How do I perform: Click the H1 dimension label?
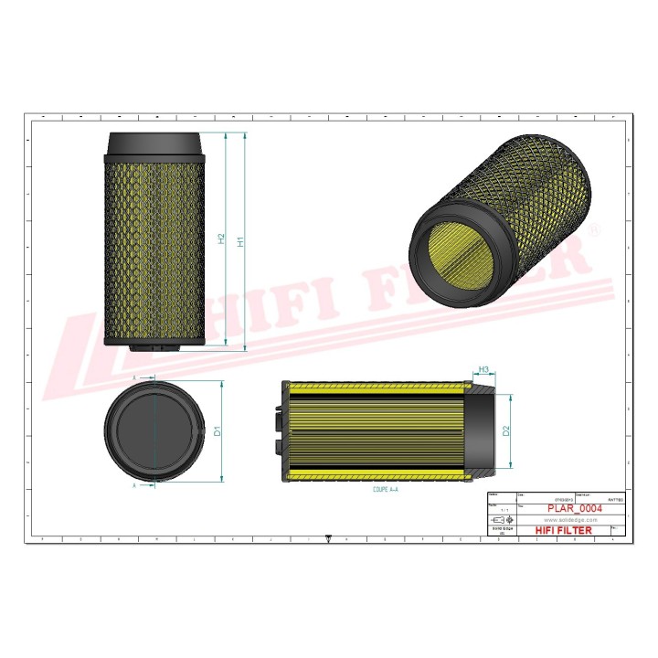(x=240, y=242)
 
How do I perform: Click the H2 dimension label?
(x=222, y=238)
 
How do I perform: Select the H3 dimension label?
(x=486, y=370)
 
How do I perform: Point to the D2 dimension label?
(x=506, y=430)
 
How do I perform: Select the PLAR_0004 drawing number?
(x=573, y=508)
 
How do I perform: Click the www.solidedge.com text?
(x=571, y=518)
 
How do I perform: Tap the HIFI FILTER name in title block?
(x=563, y=530)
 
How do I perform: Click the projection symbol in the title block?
(x=496, y=519)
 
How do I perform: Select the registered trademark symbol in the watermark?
(x=596, y=232)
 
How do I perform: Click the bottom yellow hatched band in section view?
(x=379, y=475)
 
